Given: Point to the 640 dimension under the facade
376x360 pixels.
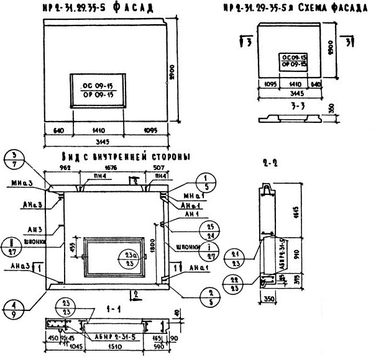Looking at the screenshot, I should click(59, 132).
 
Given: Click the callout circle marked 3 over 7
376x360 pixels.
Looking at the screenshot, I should click(15, 158).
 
